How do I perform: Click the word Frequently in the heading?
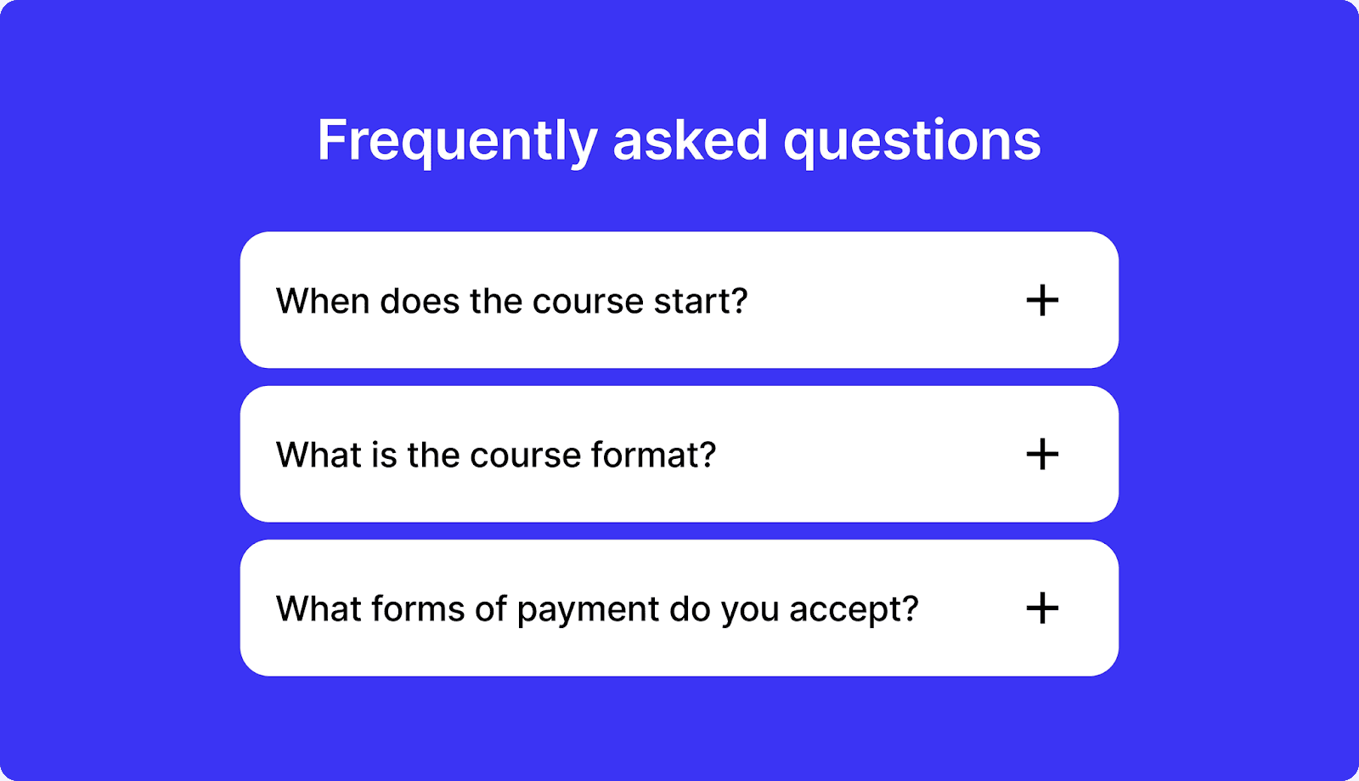pos(457,142)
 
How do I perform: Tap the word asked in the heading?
pos(690,140)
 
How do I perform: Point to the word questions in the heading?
pos(912,142)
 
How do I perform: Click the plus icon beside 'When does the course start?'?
pos(1042,301)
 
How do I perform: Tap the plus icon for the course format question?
pos(1042,455)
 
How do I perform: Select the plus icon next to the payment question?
pos(1042,608)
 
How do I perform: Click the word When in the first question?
pos(322,302)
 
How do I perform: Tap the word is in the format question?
pos(384,456)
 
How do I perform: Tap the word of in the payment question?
pos(491,609)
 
